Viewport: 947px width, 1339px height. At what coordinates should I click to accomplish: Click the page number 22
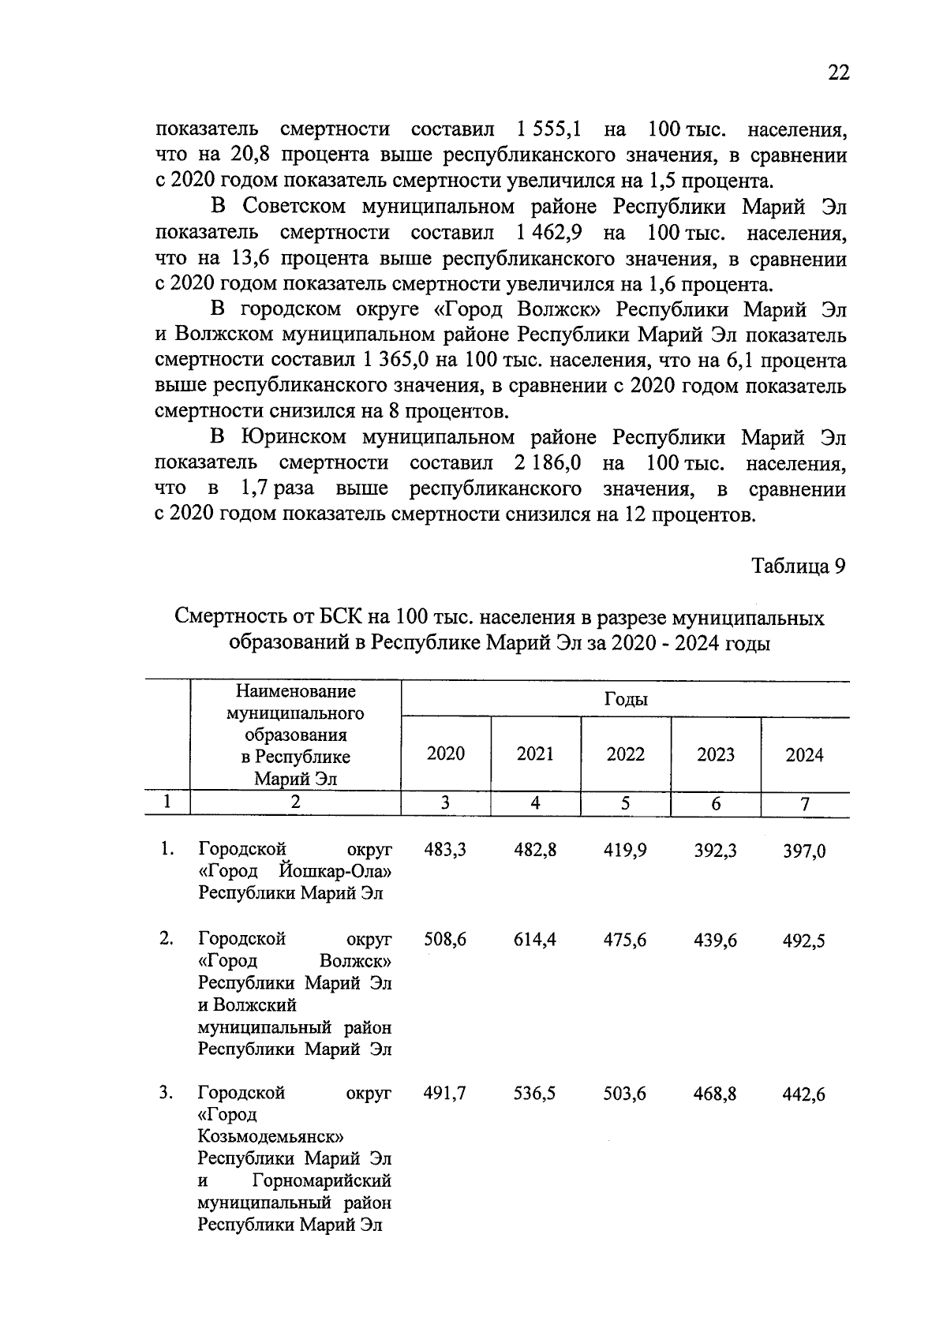838,73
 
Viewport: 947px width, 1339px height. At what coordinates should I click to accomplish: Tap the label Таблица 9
799,567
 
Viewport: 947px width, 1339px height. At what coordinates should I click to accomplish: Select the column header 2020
446,754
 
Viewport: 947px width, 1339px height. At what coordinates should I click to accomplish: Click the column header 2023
716,755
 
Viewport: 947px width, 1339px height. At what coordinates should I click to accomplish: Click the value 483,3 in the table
445,850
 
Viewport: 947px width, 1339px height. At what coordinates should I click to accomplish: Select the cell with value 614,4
535,940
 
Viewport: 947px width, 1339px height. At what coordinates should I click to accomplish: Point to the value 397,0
804,851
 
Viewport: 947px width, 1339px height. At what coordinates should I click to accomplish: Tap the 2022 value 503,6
625,1094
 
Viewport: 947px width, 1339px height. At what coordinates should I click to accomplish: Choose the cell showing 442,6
804,1094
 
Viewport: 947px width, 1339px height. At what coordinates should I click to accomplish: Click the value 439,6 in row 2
715,940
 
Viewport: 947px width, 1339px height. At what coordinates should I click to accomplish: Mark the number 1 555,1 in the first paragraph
550,129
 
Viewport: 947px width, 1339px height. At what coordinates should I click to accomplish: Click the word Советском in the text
294,208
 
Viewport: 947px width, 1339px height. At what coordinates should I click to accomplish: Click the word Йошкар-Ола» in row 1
335,872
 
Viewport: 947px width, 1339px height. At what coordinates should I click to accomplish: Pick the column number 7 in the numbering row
805,804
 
